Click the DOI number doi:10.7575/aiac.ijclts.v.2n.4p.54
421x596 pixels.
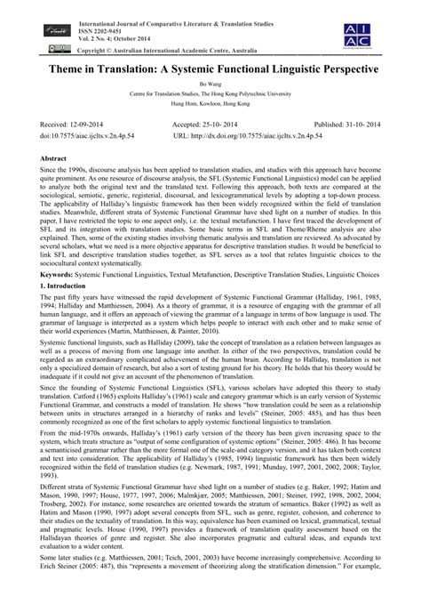pyautogui.click(x=88, y=139)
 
